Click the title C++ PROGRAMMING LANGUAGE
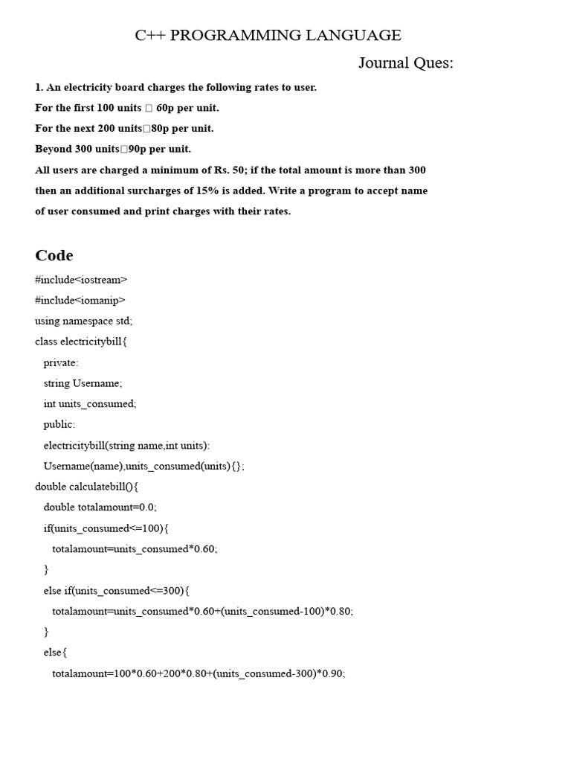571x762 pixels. click(268, 35)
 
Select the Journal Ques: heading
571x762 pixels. click(405, 63)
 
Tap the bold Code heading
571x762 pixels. click(54, 255)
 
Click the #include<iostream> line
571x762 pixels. click(81, 280)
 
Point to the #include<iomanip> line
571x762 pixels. click(80, 301)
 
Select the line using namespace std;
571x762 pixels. click(83, 321)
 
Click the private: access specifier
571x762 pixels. click(61, 362)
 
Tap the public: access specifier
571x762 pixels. click(59, 425)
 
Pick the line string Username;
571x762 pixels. click(83, 383)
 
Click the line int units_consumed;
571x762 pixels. click(90, 404)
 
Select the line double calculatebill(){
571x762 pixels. click(86, 487)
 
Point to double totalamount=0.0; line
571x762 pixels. click(100, 508)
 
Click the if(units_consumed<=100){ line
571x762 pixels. click(106, 528)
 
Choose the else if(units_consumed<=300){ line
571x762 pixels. click(117, 591)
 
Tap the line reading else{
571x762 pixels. click(56, 653)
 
